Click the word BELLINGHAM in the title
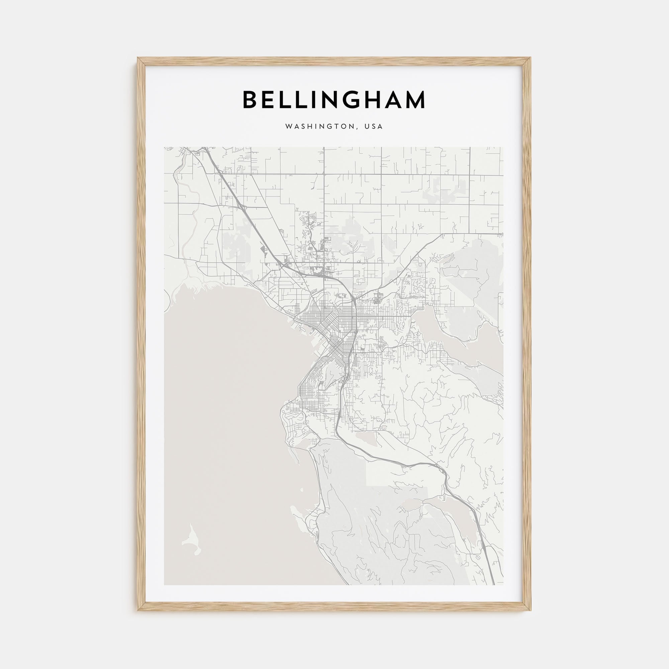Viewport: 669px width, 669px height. tap(334, 100)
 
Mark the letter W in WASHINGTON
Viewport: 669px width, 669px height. tap(288, 127)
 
